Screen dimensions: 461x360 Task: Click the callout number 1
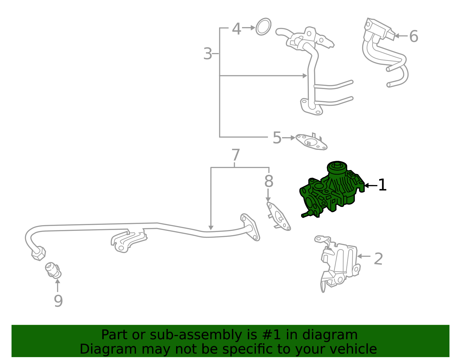pos(382,185)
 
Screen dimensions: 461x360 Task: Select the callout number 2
pos(378,259)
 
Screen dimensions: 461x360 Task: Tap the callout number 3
pos(207,53)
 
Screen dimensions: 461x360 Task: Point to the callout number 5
pos(277,138)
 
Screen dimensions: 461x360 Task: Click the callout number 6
pos(413,36)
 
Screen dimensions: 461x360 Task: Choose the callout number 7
pos(236,155)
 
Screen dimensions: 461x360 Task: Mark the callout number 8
pos(269,181)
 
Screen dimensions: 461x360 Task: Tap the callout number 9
pos(58,301)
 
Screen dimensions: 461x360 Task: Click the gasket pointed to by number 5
pos(311,142)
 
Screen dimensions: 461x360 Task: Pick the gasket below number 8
pos(278,216)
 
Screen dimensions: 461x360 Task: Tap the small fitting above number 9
pos(53,270)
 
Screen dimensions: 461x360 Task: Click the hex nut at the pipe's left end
pos(39,253)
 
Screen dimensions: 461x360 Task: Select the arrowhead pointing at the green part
pos(366,185)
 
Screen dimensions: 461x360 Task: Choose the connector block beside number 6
pos(380,29)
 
